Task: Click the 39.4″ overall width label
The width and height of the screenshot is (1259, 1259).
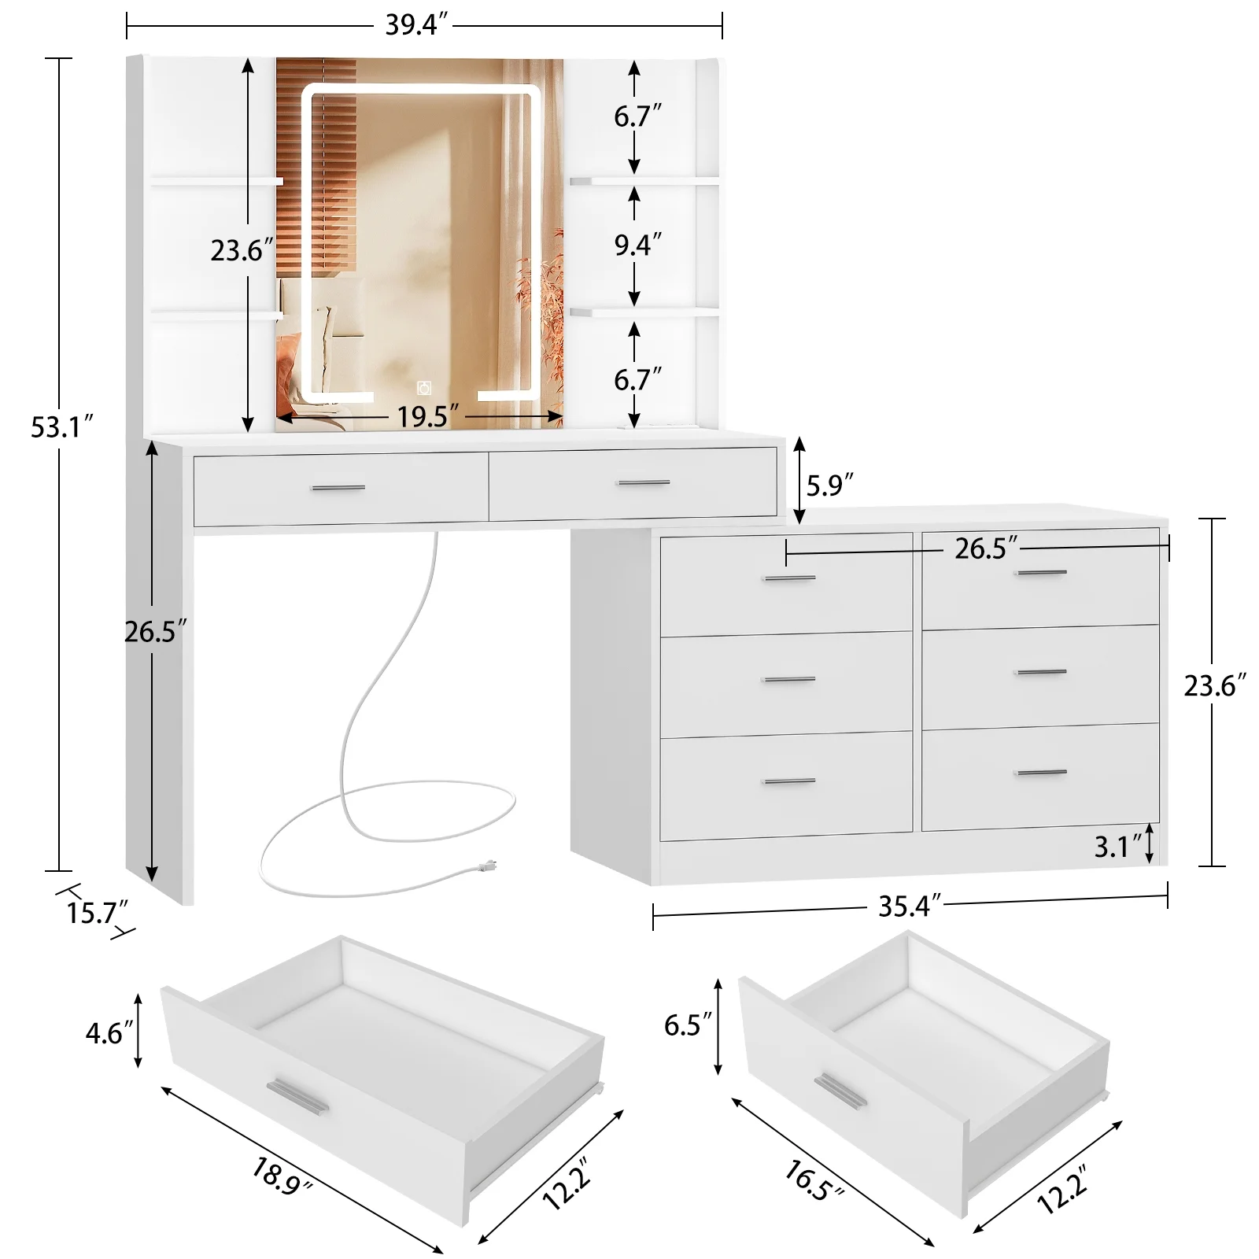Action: [416, 25]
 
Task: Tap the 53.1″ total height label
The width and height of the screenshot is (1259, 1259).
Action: [62, 427]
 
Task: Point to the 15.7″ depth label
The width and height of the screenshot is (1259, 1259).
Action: [97, 914]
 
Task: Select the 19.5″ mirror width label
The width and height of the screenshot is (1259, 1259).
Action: [427, 416]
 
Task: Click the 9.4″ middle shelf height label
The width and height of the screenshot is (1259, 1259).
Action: [637, 246]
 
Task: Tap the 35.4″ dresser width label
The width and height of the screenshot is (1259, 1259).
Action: [910, 906]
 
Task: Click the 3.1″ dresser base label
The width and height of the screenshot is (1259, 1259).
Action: [1117, 847]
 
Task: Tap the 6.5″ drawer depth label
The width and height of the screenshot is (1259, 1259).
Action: [688, 1025]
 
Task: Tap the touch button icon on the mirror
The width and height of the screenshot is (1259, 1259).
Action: [424, 387]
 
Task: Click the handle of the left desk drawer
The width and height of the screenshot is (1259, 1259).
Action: [338, 488]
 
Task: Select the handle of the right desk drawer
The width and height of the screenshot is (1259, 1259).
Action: [643, 482]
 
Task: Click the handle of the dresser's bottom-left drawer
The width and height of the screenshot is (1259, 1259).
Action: [788, 781]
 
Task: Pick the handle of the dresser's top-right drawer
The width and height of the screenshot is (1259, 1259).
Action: [1040, 572]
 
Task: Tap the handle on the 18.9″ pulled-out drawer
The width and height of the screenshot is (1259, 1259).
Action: [297, 1096]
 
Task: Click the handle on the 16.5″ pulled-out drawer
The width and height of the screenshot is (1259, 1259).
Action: [840, 1092]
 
